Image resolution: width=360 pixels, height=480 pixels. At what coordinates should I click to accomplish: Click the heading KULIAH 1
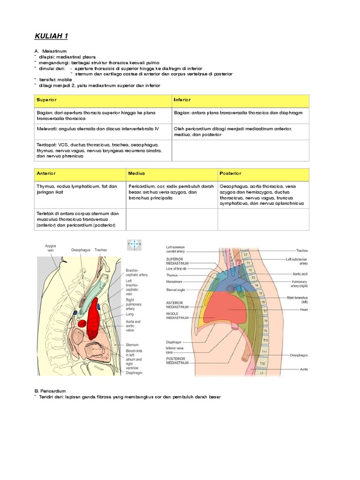[51, 37]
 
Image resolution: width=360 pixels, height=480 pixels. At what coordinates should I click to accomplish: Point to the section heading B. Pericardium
[50, 390]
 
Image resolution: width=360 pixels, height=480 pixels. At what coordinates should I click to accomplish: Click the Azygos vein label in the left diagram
[50, 248]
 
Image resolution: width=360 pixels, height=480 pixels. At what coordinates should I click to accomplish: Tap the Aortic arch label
[299, 273]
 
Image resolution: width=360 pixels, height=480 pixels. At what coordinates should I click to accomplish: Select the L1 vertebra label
[262, 373]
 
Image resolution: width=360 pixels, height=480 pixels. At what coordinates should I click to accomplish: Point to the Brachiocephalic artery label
[136, 273]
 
